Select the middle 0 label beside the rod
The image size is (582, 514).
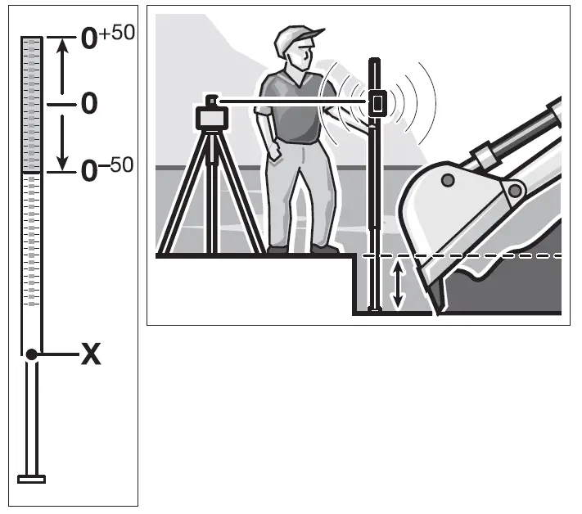click(89, 104)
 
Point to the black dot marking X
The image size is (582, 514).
click(31, 354)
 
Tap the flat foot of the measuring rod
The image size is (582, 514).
click(31, 479)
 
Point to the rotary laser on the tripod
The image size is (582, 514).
click(212, 116)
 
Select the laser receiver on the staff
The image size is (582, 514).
click(377, 102)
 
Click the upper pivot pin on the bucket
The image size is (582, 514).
click(447, 179)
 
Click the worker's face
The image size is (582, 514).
click(305, 56)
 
